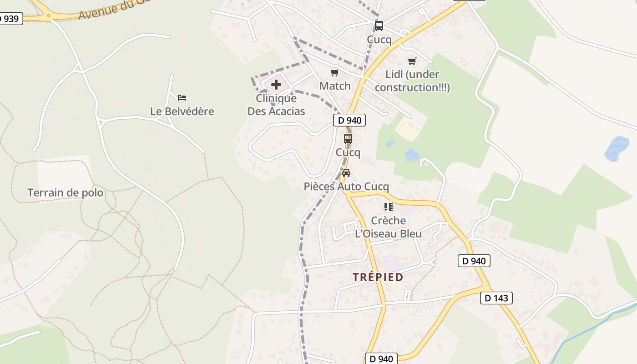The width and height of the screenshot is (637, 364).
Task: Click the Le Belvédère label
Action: click(182, 111)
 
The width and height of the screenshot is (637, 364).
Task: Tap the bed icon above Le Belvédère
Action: click(182, 98)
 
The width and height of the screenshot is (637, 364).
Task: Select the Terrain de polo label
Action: click(66, 193)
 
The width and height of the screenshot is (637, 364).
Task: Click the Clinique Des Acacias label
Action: click(276, 105)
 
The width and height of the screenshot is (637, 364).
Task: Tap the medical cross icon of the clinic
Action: click(276, 84)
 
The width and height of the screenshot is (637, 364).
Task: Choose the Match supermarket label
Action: click(335, 86)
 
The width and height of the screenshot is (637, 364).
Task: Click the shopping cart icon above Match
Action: click(335, 73)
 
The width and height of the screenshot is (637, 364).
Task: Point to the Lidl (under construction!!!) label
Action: click(412, 81)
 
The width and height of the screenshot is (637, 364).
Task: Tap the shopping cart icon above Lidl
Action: click(412, 61)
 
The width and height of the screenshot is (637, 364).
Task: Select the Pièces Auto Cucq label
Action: click(346, 187)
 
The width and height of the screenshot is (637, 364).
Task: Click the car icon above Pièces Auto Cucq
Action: click(346, 173)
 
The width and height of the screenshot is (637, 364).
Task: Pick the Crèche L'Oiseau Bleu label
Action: click(389, 227)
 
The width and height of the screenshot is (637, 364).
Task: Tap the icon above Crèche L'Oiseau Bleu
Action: click(389, 207)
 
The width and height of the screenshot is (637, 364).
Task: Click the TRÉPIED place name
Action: click(378, 277)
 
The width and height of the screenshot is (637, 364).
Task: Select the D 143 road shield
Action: click(496, 298)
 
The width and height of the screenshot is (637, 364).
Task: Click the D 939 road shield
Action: click(10, 19)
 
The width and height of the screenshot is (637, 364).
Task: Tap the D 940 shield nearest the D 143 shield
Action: click(474, 261)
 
